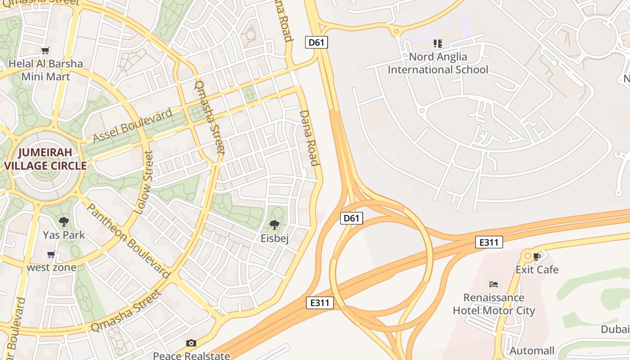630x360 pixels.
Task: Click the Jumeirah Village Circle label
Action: click(x=45, y=159)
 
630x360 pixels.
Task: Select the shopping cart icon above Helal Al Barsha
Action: click(x=45, y=50)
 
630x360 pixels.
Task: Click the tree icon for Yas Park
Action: click(x=64, y=221)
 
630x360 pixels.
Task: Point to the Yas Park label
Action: click(x=64, y=234)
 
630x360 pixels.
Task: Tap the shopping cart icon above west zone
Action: click(x=51, y=255)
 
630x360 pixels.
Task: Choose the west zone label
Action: click(x=51, y=267)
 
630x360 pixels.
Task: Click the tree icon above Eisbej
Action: click(x=274, y=225)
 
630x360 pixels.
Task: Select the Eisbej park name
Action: click(x=274, y=238)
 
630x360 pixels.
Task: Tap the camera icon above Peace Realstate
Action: click(x=191, y=343)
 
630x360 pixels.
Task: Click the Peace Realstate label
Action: click(x=191, y=355)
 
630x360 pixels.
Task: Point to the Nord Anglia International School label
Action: click(x=438, y=63)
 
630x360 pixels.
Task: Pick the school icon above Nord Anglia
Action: click(x=438, y=44)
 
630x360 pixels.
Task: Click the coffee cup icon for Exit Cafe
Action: click(x=536, y=256)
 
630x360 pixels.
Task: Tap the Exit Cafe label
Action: click(x=537, y=270)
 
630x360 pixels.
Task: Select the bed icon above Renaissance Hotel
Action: click(x=494, y=284)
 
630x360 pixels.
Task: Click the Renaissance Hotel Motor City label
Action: click(x=494, y=304)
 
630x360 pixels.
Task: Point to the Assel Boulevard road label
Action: click(x=133, y=125)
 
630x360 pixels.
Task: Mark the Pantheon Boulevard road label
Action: click(x=128, y=241)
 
